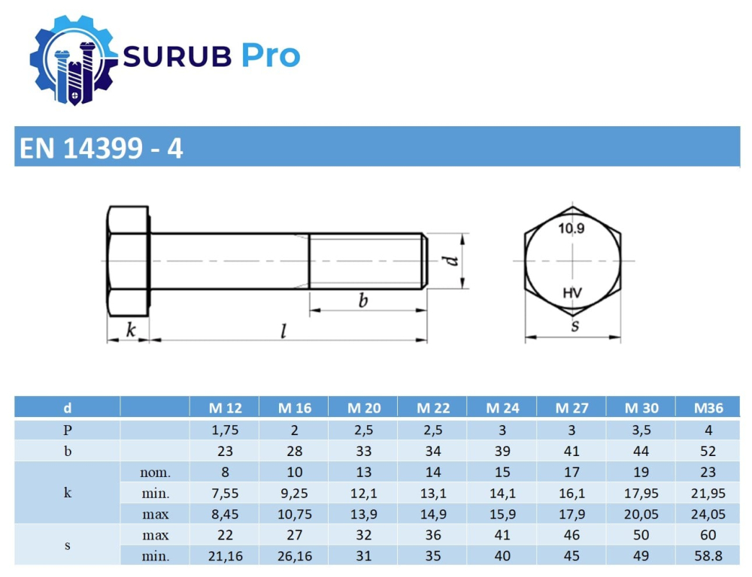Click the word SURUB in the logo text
[177, 56]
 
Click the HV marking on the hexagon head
[573, 293]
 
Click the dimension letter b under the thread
[362, 301]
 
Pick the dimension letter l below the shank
[283, 331]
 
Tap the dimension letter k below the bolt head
[130, 329]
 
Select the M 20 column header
[363, 408]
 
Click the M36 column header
[710, 408]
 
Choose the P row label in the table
[67, 430]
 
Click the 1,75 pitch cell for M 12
[225, 430]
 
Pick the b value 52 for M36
[710, 452]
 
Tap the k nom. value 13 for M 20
[363, 473]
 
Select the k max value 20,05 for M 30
[641, 515]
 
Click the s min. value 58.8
[710, 557]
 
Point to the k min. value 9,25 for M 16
[294, 494]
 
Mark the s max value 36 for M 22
[432, 536]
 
